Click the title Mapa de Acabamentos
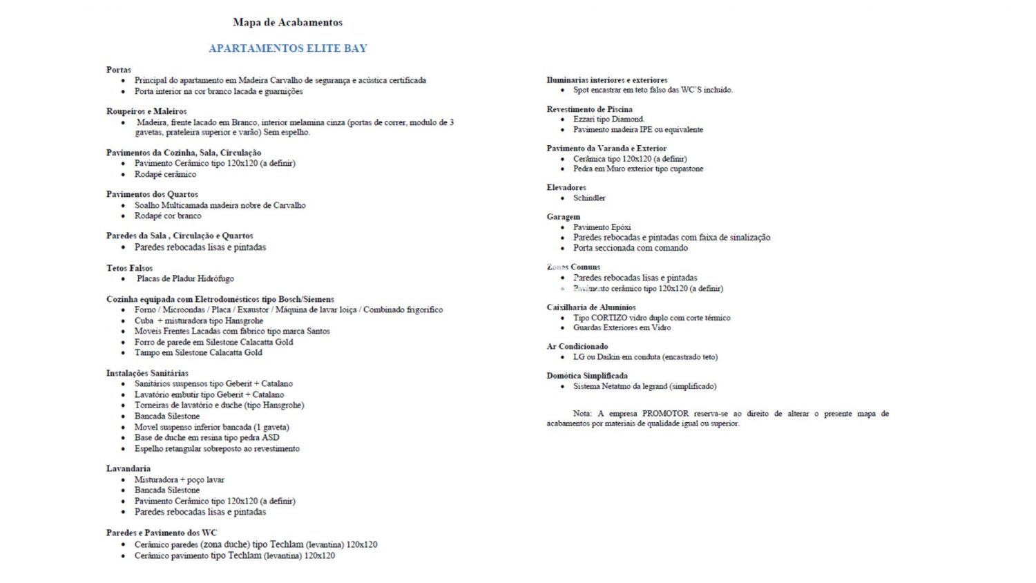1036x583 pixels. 287,22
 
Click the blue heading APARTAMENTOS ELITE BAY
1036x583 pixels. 287,48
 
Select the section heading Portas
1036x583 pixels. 119,70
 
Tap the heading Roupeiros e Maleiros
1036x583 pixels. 146,111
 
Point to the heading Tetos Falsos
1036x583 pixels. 129,268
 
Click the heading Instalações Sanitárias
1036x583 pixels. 147,373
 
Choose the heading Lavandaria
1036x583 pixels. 128,468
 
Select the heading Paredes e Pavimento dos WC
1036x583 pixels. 162,533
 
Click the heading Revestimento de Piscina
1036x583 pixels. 589,109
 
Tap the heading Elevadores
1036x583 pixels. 566,187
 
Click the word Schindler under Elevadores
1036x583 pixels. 589,198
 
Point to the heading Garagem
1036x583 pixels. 564,217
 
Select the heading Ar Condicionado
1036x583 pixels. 577,347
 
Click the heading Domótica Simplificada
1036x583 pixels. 587,376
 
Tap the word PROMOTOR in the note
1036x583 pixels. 665,414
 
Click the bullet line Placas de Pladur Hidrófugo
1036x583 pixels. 185,279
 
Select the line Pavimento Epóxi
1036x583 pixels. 602,227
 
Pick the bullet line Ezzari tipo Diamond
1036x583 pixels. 608,120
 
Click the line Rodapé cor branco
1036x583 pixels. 168,216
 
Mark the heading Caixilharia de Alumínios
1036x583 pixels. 591,307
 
